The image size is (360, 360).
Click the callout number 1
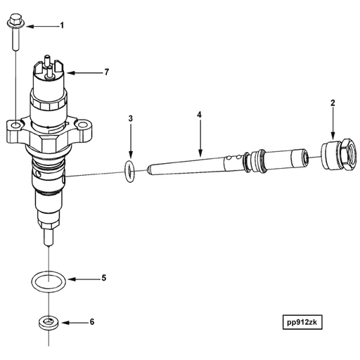click(x=61, y=26)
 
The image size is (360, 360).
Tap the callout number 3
click(x=130, y=119)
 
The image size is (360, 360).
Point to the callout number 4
click(x=200, y=113)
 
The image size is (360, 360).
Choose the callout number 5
click(x=103, y=278)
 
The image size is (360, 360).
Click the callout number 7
click(x=107, y=72)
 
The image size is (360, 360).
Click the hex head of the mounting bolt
click(x=15, y=25)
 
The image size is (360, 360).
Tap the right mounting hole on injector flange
click(x=84, y=128)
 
